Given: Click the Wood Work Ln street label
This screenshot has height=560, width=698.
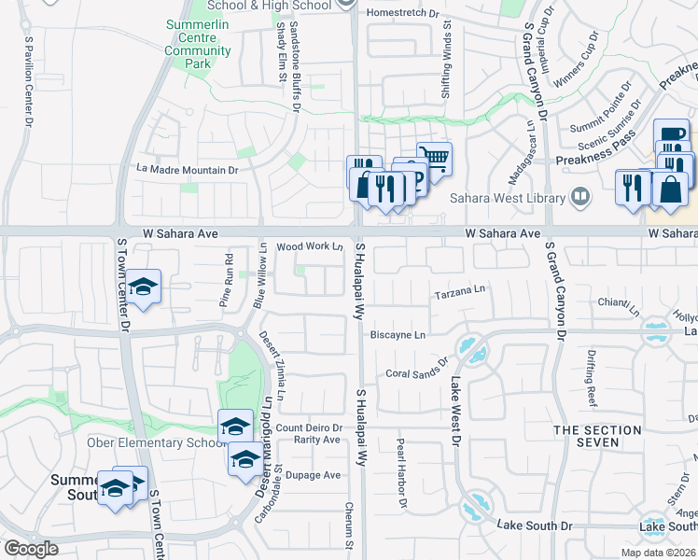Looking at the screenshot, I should tap(310, 246).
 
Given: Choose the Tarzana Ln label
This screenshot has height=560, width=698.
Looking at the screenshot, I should tap(461, 293).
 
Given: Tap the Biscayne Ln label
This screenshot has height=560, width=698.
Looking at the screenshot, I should tap(398, 334).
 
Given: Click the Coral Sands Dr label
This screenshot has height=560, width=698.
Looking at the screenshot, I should tap(417, 367).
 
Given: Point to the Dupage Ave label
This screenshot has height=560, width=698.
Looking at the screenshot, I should tap(313, 475).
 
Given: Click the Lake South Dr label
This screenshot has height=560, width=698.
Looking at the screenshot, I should tap(535, 526).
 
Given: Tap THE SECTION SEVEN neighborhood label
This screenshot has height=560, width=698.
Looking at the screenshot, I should tap(597, 438).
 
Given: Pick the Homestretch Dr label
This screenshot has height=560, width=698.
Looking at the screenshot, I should tap(403, 13).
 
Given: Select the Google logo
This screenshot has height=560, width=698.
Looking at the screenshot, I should tap(31, 548).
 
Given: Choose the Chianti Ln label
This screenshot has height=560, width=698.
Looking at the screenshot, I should tap(618, 304).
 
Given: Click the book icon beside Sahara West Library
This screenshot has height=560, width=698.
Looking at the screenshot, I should tap(579, 197).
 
